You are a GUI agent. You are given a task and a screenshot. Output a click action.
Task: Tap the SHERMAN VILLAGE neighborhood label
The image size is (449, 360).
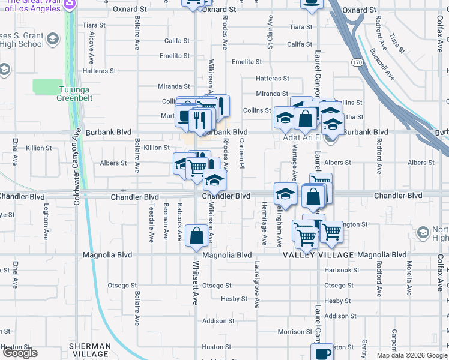pyautogui.click(x=90, y=350)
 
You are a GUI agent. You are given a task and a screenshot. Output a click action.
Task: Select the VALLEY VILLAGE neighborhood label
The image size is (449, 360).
pyautogui.click(x=318, y=255)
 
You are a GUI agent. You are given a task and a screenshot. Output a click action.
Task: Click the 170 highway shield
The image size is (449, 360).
pyautogui.click(x=358, y=62)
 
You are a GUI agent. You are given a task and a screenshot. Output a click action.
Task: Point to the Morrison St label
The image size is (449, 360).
pyautogui.click(x=295, y=332)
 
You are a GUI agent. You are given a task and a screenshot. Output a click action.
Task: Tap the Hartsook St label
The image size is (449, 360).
pyautogui.click(x=337, y=270)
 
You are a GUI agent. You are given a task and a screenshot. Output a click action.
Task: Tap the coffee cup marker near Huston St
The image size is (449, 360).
pyautogui.click(x=322, y=352)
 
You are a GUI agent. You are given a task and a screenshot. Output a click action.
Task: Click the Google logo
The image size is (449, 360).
pyautogui.click(x=20, y=353)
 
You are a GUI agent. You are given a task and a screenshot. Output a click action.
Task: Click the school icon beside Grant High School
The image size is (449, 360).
pyautogui.click(x=53, y=40)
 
